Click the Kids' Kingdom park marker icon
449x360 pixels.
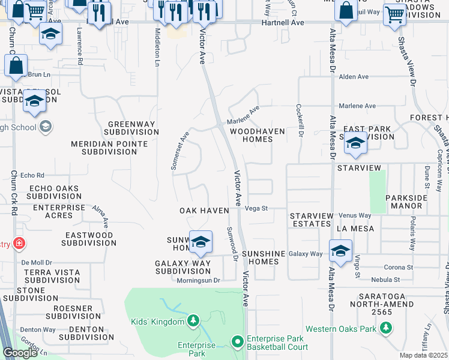[x=193, y=322]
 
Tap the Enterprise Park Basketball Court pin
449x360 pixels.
[x=238, y=342]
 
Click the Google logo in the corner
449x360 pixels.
[x=20, y=353]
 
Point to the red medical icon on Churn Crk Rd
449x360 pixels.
[x=19, y=244]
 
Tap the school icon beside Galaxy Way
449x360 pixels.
[x=340, y=251]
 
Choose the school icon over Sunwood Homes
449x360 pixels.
[x=201, y=241]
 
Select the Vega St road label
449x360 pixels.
[x=256, y=209]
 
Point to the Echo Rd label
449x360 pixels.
[x=32, y=176]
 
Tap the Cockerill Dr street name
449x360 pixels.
[x=299, y=120]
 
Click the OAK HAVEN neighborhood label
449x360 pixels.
[x=205, y=211]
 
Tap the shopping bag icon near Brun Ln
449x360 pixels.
[x=16, y=65]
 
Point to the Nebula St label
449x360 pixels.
[x=385, y=280]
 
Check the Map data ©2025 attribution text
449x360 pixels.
[x=424, y=355]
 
